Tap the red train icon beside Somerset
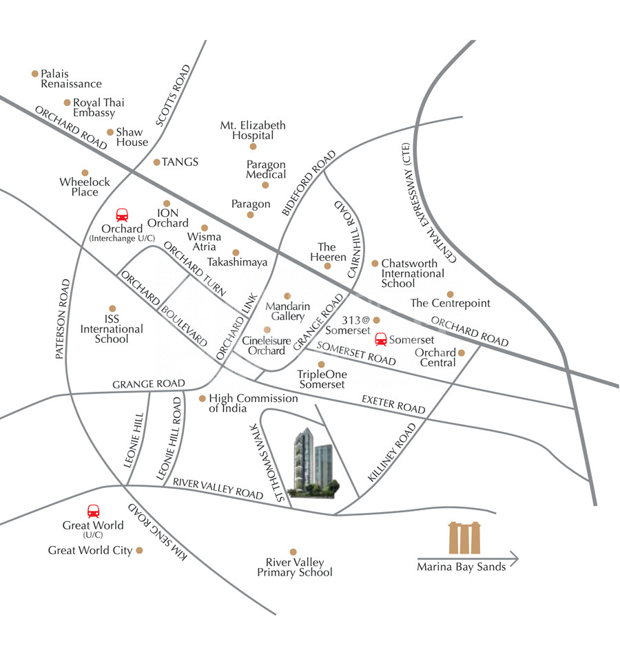[x=380, y=339]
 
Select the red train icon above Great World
[x=93, y=511]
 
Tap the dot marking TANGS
[x=156, y=162]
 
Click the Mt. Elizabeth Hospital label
[x=253, y=130]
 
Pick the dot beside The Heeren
[x=327, y=266]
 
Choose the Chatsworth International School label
[x=412, y=273]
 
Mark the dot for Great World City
[x=139, y=550]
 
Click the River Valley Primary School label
[x=295, y=567]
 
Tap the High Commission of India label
[x=253, y=403]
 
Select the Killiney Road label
[x=393, y=452]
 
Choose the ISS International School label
[x=112, y=328]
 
